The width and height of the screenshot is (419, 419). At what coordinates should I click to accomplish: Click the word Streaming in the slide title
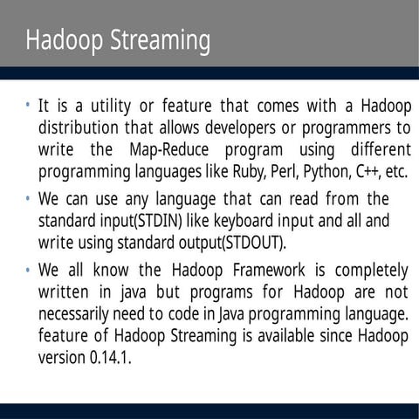(165, 41)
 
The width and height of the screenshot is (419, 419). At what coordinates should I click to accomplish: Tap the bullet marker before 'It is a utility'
(28, 106)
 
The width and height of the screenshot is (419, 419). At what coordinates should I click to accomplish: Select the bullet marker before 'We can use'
(28, 199)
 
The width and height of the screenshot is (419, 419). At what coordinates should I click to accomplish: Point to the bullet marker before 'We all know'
(28, 268)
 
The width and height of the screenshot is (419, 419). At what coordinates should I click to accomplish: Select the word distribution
(81, 128)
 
